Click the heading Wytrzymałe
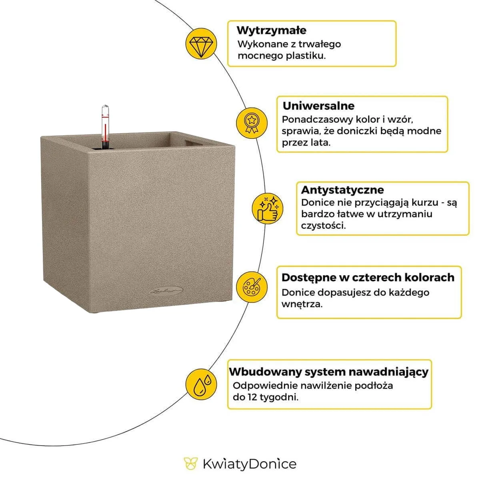click(x=271, y=30)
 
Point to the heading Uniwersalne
click(x=318, y=106)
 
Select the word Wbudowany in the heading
click(x=265, y=372)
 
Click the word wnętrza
click(x=302, y=304)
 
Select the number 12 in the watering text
click(x=251, y=398)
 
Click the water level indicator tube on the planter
click(x=105, y=127)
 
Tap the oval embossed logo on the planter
click(x=166, y=291)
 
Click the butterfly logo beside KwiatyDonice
click(x=191, y=464)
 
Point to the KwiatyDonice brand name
click(x=249, y=464)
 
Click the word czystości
click(x=323, y=226)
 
